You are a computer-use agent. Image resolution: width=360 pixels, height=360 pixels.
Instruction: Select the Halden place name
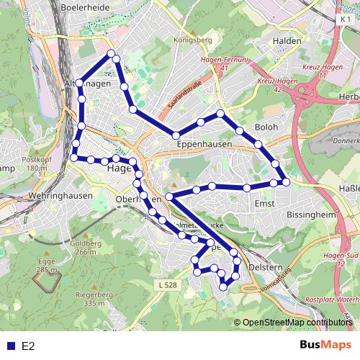click(287, 41)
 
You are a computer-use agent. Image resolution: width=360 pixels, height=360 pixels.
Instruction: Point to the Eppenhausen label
click(203, 144)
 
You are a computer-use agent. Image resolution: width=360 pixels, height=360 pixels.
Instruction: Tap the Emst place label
click(264, 204)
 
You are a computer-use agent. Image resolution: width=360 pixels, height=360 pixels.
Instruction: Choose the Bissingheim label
click(310, 214)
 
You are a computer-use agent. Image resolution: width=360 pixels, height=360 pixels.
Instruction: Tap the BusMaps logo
click(326, 346)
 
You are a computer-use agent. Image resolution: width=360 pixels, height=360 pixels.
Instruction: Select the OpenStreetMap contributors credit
click(297, 323)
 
